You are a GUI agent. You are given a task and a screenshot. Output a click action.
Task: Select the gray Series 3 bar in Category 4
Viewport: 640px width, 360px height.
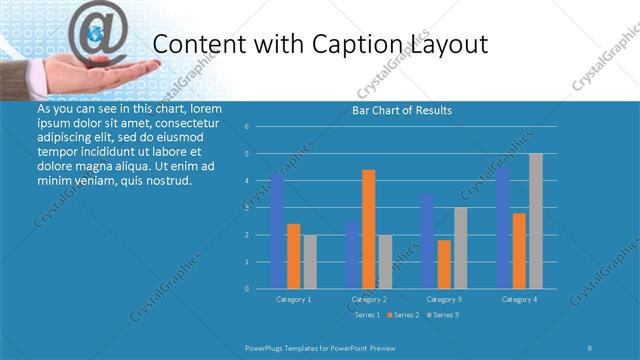click(x=536, y=221)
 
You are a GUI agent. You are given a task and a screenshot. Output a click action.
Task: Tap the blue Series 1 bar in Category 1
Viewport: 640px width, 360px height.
click(x=277, y=231)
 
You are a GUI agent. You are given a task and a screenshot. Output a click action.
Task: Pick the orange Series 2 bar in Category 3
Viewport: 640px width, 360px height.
click(x=444, y=264)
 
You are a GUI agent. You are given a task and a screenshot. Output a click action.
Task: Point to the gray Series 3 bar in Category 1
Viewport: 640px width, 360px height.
click(x=310, y=261)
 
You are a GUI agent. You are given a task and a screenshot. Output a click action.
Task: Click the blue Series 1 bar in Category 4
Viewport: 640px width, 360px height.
click(x=503, y=228)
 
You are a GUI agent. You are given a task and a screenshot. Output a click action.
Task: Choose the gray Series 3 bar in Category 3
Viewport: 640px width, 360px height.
click(x=460, y=248)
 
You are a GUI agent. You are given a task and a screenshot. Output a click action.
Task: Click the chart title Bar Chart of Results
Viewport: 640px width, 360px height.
click(x=402, y=110)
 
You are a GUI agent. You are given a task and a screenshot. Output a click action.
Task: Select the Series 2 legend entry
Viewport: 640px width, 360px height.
click(x=401, y=315)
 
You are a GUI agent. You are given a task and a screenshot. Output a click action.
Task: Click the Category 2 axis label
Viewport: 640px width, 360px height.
click(x=369, y=299)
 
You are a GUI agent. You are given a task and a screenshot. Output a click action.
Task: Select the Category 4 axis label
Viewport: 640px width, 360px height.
click(x=519, y=299)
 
